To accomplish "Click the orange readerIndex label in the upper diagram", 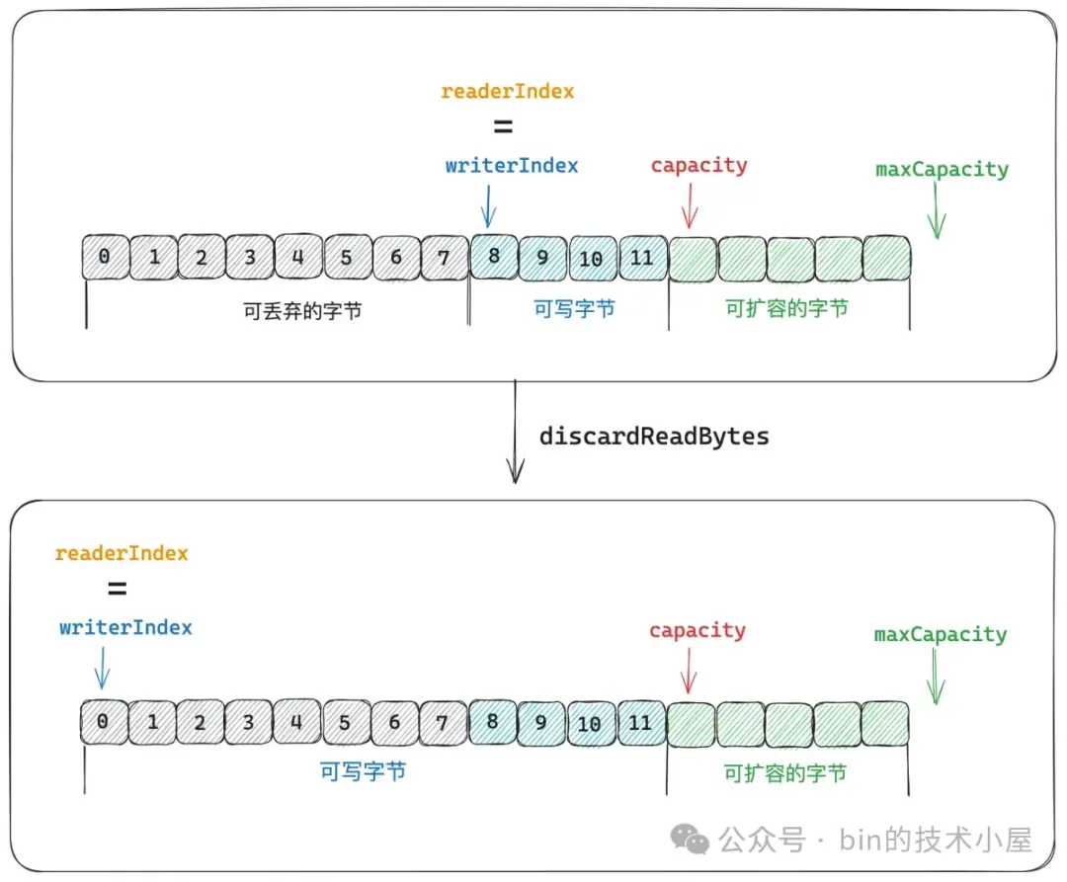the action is [507, 91].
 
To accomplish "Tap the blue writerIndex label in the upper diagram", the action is [512, 165].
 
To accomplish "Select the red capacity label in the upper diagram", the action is [698, 165].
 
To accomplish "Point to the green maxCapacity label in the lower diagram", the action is [941, 634].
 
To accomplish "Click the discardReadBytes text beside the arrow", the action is [654, 436].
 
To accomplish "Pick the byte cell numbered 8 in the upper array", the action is [494, 257].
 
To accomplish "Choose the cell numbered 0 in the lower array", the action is [104, 722].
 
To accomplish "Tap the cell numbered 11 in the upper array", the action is [642, 258].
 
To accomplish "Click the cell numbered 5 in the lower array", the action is [346, 723].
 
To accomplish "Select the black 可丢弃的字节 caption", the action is [302, 311].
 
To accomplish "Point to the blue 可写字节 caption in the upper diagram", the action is [574, 309].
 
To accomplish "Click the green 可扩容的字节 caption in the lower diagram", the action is [784, 774].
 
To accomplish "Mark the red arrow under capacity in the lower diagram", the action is [689, 671].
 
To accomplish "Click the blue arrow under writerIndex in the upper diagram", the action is [489, 206].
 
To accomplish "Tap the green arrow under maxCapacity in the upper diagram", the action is [937, 210].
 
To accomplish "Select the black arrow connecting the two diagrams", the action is [515, 432].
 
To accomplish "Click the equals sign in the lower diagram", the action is [117, 589].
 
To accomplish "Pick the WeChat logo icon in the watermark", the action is [690, 840].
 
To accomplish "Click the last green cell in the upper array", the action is [886, 259].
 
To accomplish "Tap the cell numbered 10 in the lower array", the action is [590, 724].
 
